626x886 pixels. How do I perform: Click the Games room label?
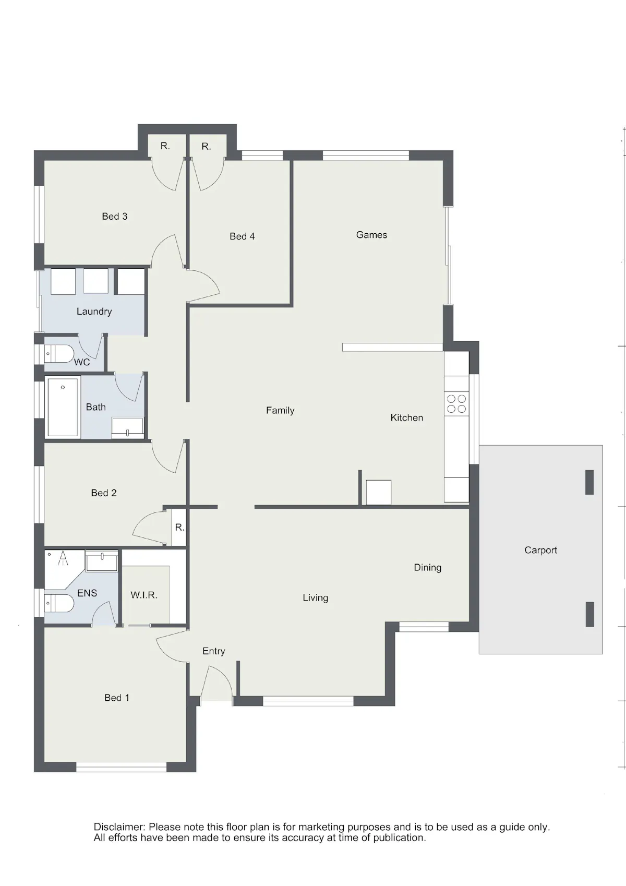(371, 235)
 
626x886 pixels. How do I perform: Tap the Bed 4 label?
(242, 236)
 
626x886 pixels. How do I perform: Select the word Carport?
(540, 550)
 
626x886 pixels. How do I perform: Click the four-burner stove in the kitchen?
(456, 403)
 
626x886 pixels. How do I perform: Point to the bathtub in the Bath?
(63, 407)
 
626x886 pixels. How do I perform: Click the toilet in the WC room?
(59, 354)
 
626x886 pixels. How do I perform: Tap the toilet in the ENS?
(59, 604)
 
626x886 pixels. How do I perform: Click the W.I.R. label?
(144, 595)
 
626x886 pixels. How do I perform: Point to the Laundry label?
(94, 312)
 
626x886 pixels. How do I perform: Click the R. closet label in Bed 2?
(179, 527)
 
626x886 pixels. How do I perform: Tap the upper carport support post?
(589, 482)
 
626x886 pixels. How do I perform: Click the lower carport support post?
(589, 614)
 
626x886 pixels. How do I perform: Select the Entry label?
(213, 651)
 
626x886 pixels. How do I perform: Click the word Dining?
(427, 568)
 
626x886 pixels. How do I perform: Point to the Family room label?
(280, 411)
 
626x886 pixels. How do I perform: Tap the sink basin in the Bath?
(128, 427)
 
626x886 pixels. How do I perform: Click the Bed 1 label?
(117, 698)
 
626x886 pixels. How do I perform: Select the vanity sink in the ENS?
(102, 561)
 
